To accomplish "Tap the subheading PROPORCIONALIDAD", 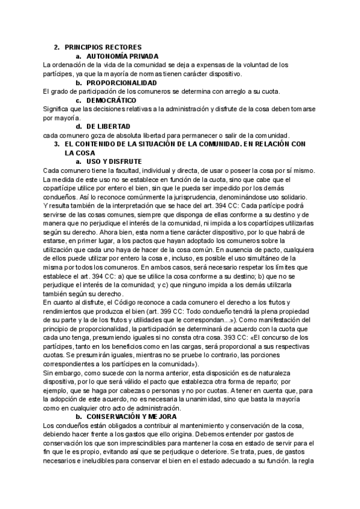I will pos(122,82).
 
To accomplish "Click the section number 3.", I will pos(56,144).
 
